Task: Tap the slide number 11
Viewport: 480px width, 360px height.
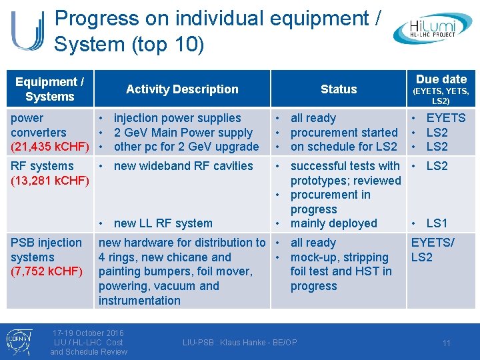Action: (x=447, y=343)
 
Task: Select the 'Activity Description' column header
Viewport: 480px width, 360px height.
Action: (x=182, y=89)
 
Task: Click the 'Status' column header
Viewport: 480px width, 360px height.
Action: (x=339, y=89)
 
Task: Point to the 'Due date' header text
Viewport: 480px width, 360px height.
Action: (x=441, y=79)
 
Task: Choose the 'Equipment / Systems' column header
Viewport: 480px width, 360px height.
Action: (x=49, y=89)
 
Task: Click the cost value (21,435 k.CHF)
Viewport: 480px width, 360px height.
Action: (x=51, y=147)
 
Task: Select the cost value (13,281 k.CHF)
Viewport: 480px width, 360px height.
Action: (x=50, y=181)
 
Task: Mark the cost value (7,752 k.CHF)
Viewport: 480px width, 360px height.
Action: (x=46, y=271)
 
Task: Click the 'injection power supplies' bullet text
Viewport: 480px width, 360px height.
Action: (x=177, y=118)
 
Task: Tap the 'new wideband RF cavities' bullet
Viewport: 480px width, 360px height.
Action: (x=183, y=166)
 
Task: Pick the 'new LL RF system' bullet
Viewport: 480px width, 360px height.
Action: (x=163, y=223)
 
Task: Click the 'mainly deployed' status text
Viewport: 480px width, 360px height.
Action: (x=333, y=223)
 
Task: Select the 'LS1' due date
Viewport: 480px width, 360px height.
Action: (x=437, y=223)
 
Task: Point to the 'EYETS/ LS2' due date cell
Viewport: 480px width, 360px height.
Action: (x=432, y=250)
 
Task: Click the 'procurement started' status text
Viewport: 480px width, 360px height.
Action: (x=343, y=133)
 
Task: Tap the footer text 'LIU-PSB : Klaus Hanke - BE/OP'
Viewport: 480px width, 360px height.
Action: (x=240, y=343)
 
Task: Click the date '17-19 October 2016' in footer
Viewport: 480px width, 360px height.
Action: (x=89, y=333)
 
